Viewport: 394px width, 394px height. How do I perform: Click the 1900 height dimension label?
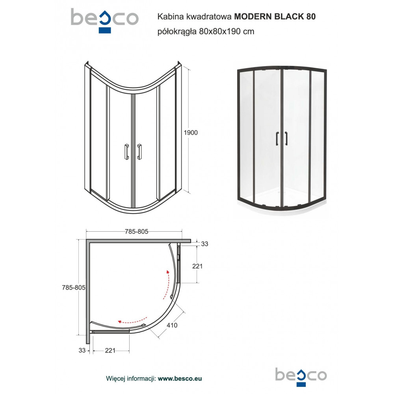point(191,133)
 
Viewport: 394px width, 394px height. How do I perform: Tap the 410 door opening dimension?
point(172,325)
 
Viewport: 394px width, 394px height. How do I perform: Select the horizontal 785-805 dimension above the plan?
point(136,231)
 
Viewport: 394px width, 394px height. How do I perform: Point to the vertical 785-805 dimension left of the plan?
point(74,288)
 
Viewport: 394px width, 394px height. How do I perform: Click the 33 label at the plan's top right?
point(204,244)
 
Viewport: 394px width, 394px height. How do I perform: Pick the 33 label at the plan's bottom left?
point(82,350)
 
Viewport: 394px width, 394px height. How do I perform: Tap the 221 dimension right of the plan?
point(197,266)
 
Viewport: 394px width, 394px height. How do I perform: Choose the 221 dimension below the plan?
point(110,350)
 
